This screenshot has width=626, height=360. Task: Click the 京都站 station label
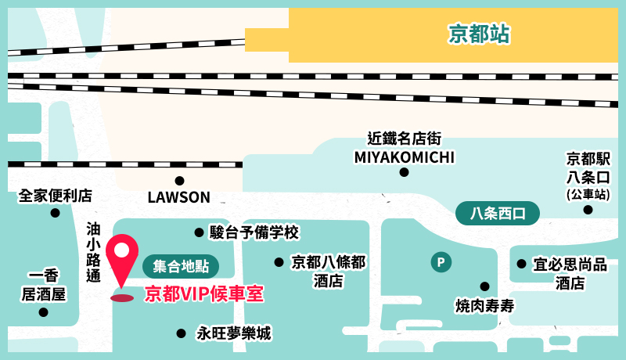click(x=479, y=34)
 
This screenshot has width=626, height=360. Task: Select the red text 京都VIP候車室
click(x=204, y=294)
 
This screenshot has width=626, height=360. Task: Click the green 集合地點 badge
click(x=181, y=266)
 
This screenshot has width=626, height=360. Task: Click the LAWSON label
click(x=179, y=197)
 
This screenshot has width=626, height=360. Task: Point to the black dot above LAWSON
click(x=179, y=180)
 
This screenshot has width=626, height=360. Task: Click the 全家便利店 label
click(x=56, y=195)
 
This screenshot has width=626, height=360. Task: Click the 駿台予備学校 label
click(x=254, y=232)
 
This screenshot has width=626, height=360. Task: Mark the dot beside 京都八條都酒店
click(x=279, y=262)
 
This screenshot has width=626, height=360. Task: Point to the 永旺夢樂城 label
click(x=234, y=333)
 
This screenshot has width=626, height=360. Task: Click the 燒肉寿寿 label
click(x=484, y=304)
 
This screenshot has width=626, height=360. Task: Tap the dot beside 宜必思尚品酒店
click(x=520, y=265)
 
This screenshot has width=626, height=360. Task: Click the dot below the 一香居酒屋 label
click(x=43, y=312)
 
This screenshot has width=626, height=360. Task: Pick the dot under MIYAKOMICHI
click(x=404, y=172)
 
